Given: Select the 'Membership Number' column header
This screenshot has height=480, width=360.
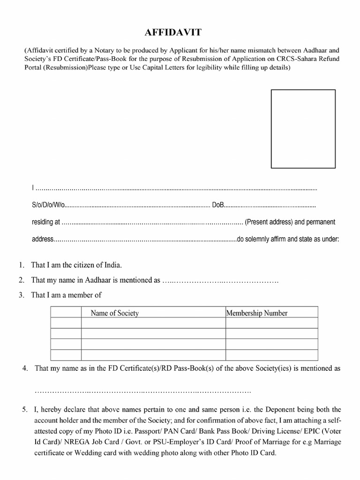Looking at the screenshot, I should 257,313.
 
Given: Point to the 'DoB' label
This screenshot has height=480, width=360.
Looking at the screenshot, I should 219,206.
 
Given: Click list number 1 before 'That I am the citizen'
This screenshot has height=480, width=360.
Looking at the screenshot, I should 22,265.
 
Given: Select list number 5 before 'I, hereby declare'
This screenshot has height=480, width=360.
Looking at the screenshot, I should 25,410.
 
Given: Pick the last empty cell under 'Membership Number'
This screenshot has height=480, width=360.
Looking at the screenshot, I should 271,355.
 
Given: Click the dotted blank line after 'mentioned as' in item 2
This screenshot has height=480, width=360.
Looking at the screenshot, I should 220,280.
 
